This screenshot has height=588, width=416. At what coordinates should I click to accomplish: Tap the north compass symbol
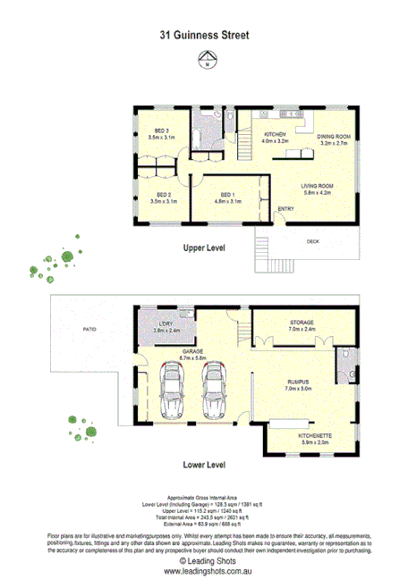tap(208, 61)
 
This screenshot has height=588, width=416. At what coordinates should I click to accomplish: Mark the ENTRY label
tap(286, 209)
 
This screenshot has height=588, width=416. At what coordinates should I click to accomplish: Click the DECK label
tap(313, 241)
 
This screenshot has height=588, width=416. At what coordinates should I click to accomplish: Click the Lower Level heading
tap(204, 465)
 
